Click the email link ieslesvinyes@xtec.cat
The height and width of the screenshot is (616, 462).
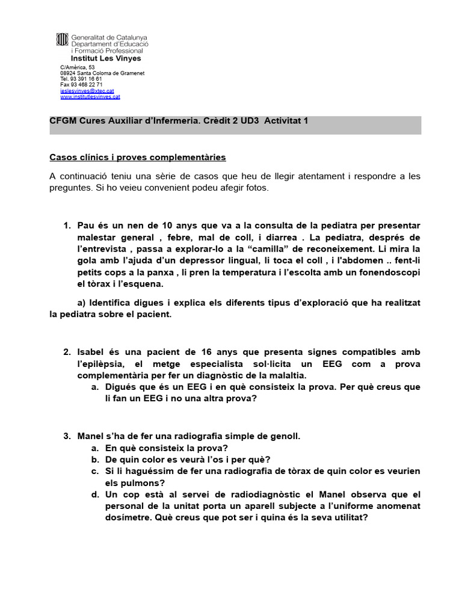coord(87,91)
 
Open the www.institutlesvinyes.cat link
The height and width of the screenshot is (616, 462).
coord(90,96)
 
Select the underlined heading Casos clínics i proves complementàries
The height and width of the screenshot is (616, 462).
coord(137,157)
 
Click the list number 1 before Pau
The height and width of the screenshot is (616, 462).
coord(66,226)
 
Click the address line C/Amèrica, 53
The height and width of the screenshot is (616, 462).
coord(73,67)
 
